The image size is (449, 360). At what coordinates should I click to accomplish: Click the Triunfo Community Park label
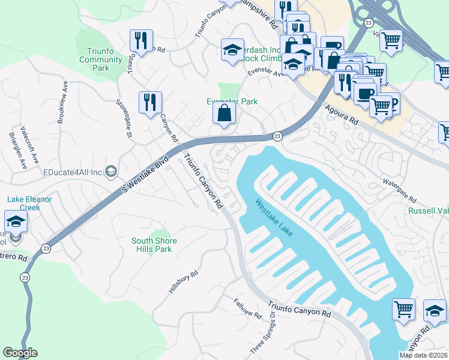pyautogui.click(x=101, y=59)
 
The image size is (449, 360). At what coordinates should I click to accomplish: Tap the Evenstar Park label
pyautogui.click(x=232, y=101)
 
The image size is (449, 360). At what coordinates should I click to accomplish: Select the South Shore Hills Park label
pyautogui.click(x=152, y=245)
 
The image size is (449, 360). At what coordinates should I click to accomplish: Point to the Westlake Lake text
pyautogui.click(x=273, y=218)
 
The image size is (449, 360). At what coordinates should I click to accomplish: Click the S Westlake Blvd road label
pyautogui.click(x=144, y=176)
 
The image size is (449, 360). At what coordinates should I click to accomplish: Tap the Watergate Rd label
pyautogui.click(x=400, y=190)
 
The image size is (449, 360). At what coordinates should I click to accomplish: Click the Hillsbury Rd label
pyautogui.click(x=183, y=282)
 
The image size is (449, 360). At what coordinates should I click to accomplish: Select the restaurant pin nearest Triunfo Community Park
pyautogui.click(x=141, y=41)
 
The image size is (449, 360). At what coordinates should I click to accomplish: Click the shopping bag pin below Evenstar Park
pyautogui.click(x=224, y=113)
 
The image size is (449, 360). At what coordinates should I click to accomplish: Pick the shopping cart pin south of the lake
pyautogui.click(x=403, y=310)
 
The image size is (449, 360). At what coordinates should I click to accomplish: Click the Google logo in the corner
pyautogui.click(x=20, y=353)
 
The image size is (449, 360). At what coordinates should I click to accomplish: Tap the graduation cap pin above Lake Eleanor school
pyautogui.click(x=16, y=221)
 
